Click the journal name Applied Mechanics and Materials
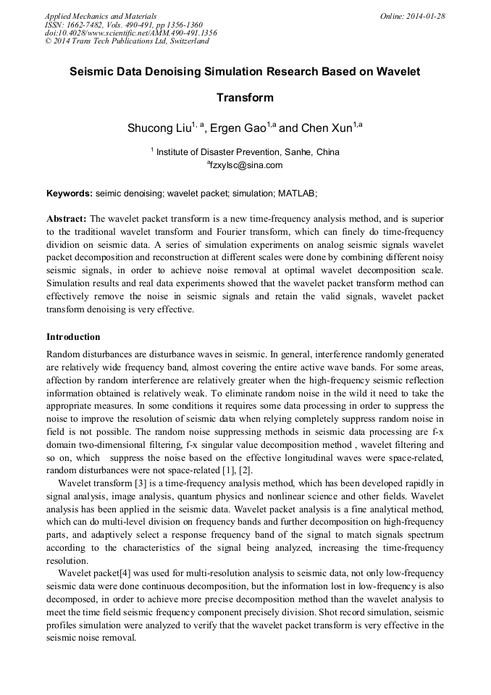[100, 15]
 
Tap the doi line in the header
[130, 33]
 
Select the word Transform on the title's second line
[245, 97]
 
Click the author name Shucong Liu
[159, 128]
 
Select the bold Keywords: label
[69, 194]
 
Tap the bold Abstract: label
[67, 218]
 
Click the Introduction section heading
[73, 337]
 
